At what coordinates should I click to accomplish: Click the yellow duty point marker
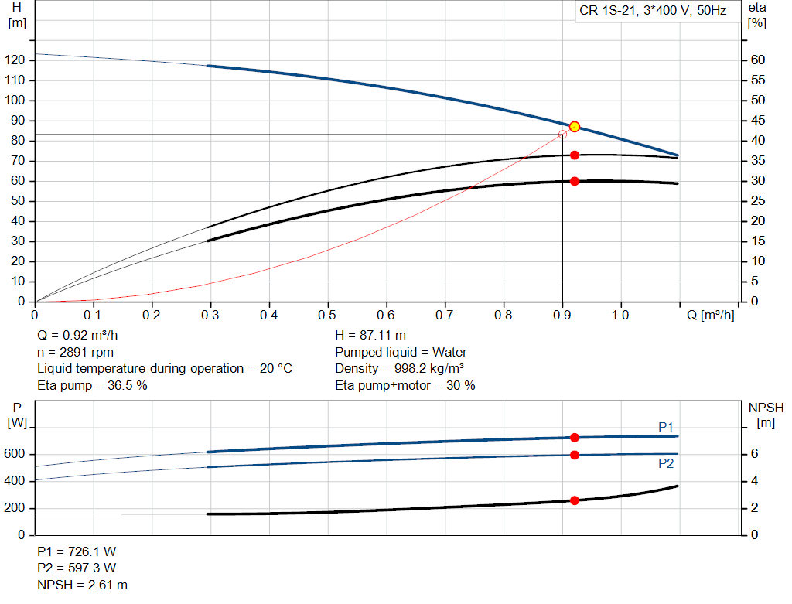point(575,127)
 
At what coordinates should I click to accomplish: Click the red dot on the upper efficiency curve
point(575,155)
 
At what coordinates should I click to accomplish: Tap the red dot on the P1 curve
point(575,438)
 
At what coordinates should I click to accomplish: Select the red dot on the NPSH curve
point(575,500)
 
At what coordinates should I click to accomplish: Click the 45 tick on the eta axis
point(758,121)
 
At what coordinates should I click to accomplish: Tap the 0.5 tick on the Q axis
point(328,316)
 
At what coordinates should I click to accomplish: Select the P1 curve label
point(666,427)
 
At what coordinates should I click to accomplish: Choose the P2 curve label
point(666,464)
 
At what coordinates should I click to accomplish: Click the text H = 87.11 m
point(370,336)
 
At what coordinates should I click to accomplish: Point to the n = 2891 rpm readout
point(76,352)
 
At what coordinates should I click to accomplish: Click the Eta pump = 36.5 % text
point(92,385)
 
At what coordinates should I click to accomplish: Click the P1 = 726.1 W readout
point(77,552)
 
